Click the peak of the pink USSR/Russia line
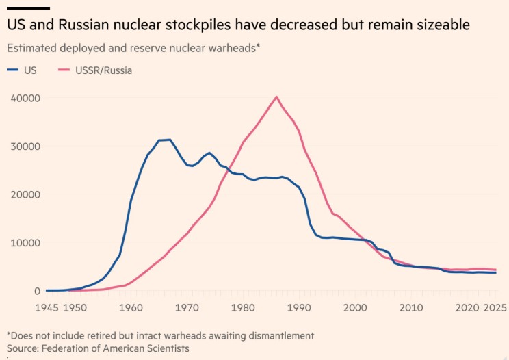point(276,97)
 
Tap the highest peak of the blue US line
point(170,140)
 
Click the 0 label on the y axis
point(38,291)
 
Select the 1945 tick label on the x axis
point(47,308)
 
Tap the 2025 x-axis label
point(495,308)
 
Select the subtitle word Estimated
point(31,48)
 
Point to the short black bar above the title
point(28,8)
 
